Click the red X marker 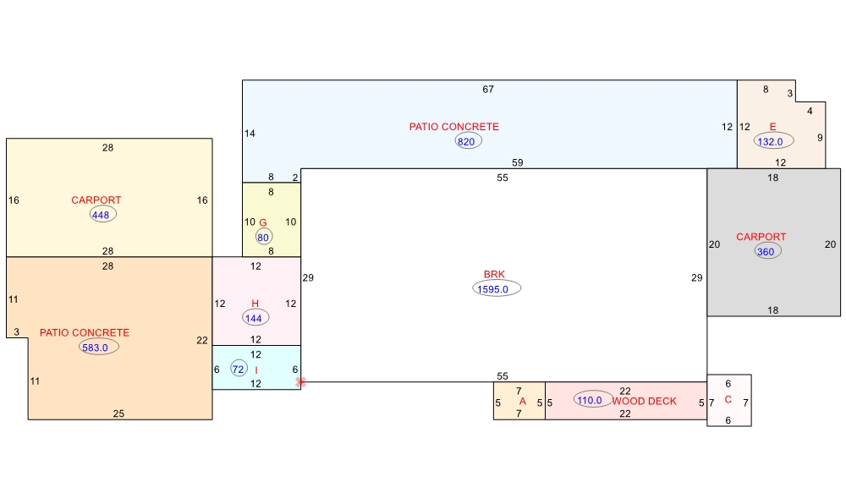tap(301, 382)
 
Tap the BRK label tap(494, 275)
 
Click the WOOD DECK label tap(644, 401)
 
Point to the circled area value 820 tap(467, 141)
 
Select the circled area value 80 tap(264, 238)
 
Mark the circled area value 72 tap(239, 369)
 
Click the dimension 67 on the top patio tap(488, 90)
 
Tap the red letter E tap(772, 127)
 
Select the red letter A tap(522, 401)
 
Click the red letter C tap(728, 399)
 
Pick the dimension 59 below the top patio tap(518, 162)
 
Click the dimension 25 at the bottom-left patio tap(118, 414)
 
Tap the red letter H tap(255, 304)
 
